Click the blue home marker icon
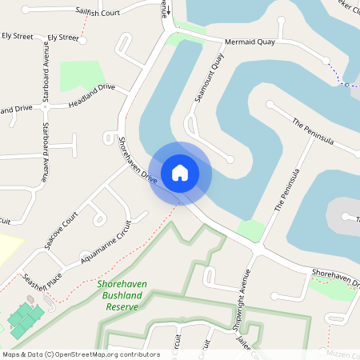click(180, 172)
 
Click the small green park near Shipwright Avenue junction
click(250, 231)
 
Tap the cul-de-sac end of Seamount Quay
click(230, 157)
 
